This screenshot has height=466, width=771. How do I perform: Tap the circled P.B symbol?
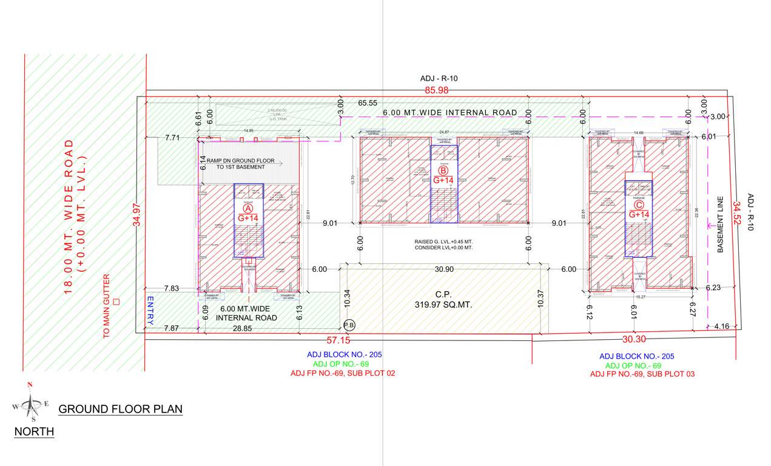pyautogui.click(x=349, y=325)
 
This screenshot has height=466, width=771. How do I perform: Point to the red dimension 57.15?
pyautogui.click(x=337, y=340)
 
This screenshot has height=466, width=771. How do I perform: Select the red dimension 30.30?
pyautogui.click(x=633, y=340)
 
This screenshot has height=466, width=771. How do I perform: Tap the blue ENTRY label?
pyautogui.click(x=150, y=309)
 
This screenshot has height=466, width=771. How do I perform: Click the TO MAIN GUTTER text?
pyautogui.click(x=107, y=306)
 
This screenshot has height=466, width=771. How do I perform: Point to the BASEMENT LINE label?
pyautogui.click(x=721, y=224)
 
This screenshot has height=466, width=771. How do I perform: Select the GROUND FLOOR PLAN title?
pyautogui.click(x=120, y=409)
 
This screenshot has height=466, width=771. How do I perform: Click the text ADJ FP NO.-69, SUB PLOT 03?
pyautogui.click(x=642, y=374)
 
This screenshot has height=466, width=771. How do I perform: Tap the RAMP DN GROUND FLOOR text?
pyautogui.click(x=240, y=161)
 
